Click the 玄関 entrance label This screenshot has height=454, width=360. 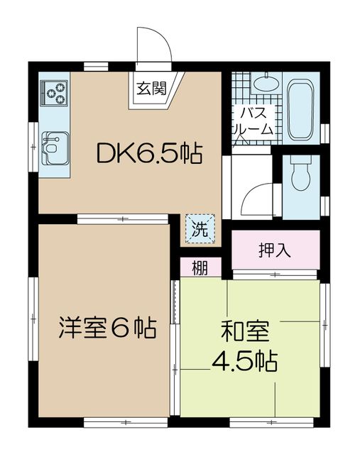click(x=151, y=88)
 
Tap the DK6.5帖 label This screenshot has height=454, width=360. click(x=149, y=153)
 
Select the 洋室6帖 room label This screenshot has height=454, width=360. click(x=108, y=328)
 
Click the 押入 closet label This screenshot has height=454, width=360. click(x=275, y=250)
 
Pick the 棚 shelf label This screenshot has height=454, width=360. click(x=200, y=268)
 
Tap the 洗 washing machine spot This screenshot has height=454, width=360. click(x=200, y=229)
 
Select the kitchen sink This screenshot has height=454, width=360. click(x=55, y=148)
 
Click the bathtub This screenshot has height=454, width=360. click(x=300, y=109)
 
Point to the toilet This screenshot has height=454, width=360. click(x=301, y=173)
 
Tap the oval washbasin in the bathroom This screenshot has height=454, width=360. click(x=266, y=84)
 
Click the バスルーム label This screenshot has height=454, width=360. click(x=253, y=121)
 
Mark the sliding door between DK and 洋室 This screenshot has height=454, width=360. click(x=123, y=219)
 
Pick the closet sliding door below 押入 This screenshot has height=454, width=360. click(x=275, y=275)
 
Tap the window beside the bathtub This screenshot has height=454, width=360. click(x=325, y=134)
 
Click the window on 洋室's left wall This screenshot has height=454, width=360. click(x=33, y=319)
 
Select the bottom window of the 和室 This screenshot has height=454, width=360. click(x=271, y=423)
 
